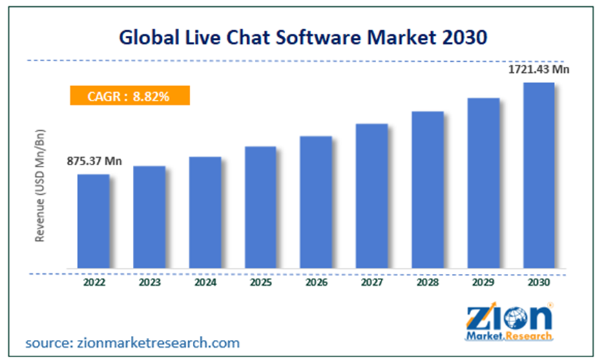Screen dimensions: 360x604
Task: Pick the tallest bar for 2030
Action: pos(539,175)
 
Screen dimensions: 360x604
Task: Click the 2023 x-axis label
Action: pos(149,282)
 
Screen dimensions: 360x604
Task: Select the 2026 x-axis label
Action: pos(316,282)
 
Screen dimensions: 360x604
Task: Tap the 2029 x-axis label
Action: pos(483,282)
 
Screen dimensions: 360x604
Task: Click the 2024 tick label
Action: pos(205,282)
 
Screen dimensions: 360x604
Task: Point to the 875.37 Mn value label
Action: pos(94,162)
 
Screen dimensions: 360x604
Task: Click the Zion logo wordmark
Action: pos(509,317)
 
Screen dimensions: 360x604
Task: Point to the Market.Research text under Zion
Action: pos(509,337)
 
